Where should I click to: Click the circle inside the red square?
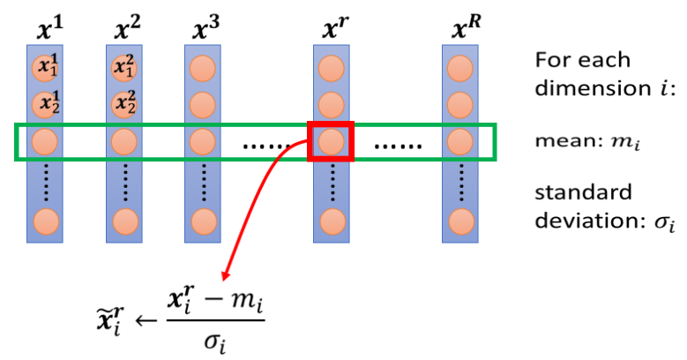pyautogui.click(x=330, y=141)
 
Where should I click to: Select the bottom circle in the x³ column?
pyautogui.click(x=203, y=221)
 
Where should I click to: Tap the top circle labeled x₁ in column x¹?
pyautogui.click(x=45, y=67)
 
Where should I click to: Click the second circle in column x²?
pyautogui.click(x=125, y=105)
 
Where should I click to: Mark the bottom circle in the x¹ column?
pyautogui.click(x=45, y=221)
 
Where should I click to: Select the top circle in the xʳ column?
pyautogui.click(x=331, y=67)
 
